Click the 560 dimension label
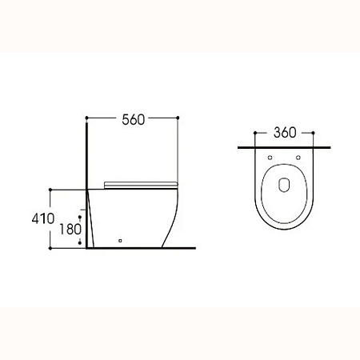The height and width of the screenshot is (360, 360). (x=134, y=120)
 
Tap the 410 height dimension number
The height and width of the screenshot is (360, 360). (x=43, y=218)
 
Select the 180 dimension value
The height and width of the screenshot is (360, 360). (x=70, y=230)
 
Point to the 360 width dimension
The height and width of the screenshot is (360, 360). (x=285, y=133)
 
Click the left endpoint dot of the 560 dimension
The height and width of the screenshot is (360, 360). (x=86, y=118)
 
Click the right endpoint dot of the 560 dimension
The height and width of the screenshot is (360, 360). (x=178, y=118)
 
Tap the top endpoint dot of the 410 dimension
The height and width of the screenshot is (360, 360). (x=50, y=190)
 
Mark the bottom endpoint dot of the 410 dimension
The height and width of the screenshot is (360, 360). (x=50, y=248)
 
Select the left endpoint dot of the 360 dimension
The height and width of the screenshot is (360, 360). (x=255, y=133)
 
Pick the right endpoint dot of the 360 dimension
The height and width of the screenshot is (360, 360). (x=313, y=133)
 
